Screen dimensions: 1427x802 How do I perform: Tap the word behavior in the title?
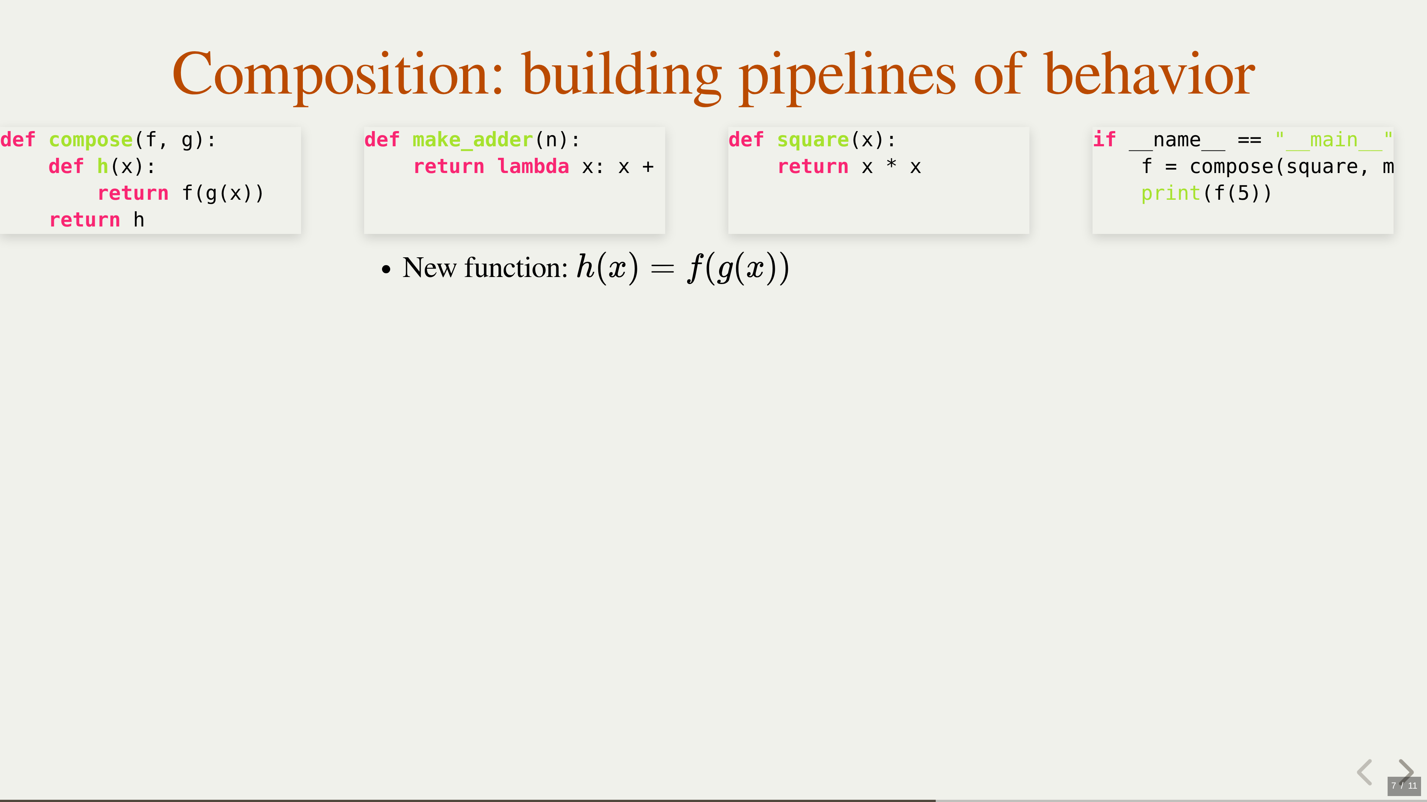click(1149, 74)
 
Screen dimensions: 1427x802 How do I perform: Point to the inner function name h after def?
click(103, 166)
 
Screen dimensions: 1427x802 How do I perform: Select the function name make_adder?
click(473, 140)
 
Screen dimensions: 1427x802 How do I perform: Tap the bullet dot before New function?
click(386, 270)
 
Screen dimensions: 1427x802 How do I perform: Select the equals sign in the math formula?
click(663, 269)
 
